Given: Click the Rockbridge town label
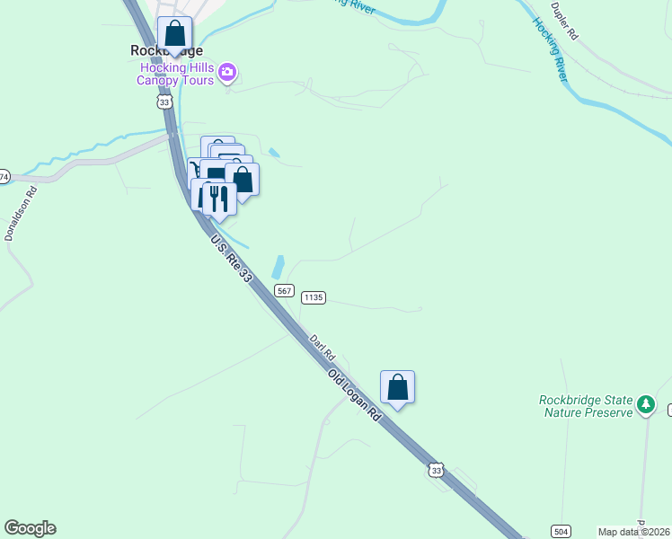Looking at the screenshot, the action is pos(167,51).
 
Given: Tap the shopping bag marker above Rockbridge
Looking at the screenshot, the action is pos(174,35).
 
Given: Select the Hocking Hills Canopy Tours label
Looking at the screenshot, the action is pos(175,74).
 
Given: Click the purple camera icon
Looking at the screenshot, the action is pos(228,72).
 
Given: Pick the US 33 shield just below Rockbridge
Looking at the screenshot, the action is pos(164,102).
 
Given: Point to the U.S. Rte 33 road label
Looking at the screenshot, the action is pos(232,260).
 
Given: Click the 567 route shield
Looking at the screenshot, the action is pos(284,290).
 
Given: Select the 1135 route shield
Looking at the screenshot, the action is pos(313,296).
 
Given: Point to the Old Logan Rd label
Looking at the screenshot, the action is pos(356,396).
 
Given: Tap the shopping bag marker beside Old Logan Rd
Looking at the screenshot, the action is pos(397,388).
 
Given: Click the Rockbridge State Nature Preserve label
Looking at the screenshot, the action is pos(586,406).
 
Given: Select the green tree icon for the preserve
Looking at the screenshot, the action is pos(645,405).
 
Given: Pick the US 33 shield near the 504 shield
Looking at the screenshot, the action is pos(436,470).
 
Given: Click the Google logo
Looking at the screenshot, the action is pos(30,528).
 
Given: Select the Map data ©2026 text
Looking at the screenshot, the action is pos(632,532).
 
